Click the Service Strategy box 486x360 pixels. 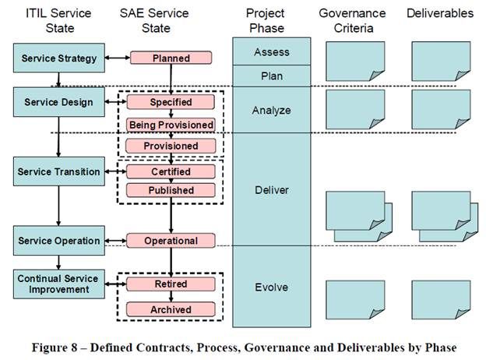pos(59,58)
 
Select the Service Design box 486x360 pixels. pos(59,102)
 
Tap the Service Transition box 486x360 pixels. pos(59,171)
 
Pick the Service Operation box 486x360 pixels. pos(59,241)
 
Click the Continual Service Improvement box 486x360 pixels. pos(59,284)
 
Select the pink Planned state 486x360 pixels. pos(171,58)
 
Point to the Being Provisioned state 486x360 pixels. pos(171,125)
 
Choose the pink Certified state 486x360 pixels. pos(171,171)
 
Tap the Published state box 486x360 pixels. pos(171,190)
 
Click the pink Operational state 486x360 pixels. pos(171,241)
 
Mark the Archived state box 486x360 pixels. pos(171,309)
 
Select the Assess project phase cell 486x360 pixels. pos(272,51)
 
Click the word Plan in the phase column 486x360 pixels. pos(272,76)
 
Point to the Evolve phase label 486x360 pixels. pos(272,287)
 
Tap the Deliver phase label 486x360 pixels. pos(272,190)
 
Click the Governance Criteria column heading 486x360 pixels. pos(352,20)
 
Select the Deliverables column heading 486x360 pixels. pos(440,13)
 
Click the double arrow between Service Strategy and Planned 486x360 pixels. pos(118,58)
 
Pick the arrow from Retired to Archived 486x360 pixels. pos(171,296)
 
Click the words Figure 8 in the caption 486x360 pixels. pos(55,348)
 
